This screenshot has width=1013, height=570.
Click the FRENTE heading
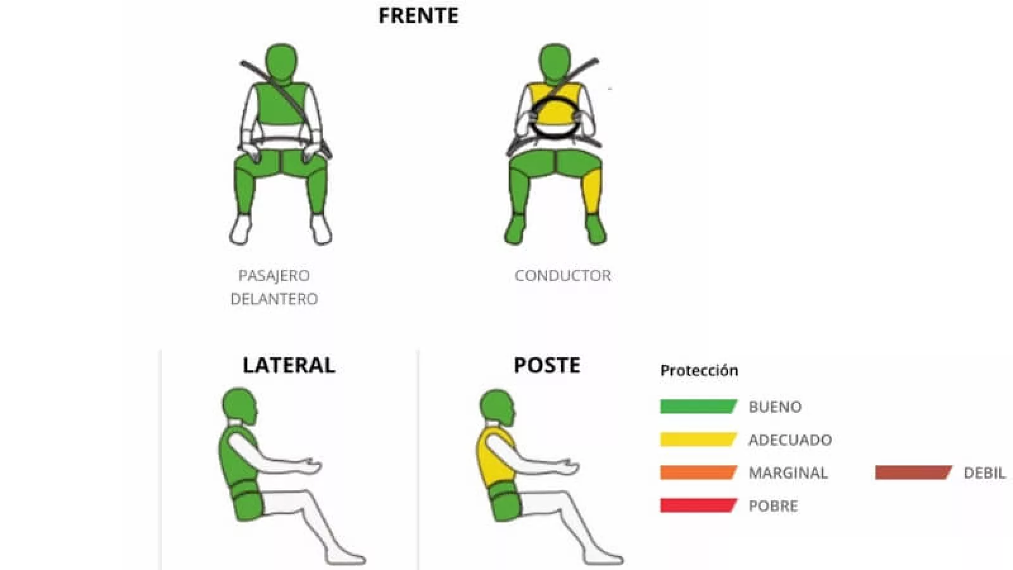pyautogui.click(x=418, y=15)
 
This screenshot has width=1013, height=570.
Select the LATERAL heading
pyautogui.click(x=289, y=365)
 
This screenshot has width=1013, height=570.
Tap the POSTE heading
pyautogui.click(x=547, y=365)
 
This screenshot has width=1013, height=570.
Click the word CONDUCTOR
pyautogui.click(x=563, y=275)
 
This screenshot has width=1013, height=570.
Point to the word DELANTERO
pyautogui.click(x=274, y=299)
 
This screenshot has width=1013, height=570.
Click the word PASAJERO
pyautogui.click(x=274, y=275)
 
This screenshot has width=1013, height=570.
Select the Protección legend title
pyautogui.click(x=699, y=370)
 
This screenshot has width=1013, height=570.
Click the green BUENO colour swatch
pyautogui.click(x=699, y=406)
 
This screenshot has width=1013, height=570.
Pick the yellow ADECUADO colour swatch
pyautogui.click(x=699, y=440)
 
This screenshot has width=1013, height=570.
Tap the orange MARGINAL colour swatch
pyautogui.click(x=699, y=472)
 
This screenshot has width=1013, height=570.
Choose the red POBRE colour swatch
pyautogui.click(x=699, y=505)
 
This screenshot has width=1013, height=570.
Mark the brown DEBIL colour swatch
pyautogui.click(x=914, y=472)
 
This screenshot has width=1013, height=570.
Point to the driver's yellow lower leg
pyautogui.click(x=593, y=193)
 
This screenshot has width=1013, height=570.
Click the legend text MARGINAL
pyautogui.click(x=788, y=472)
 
